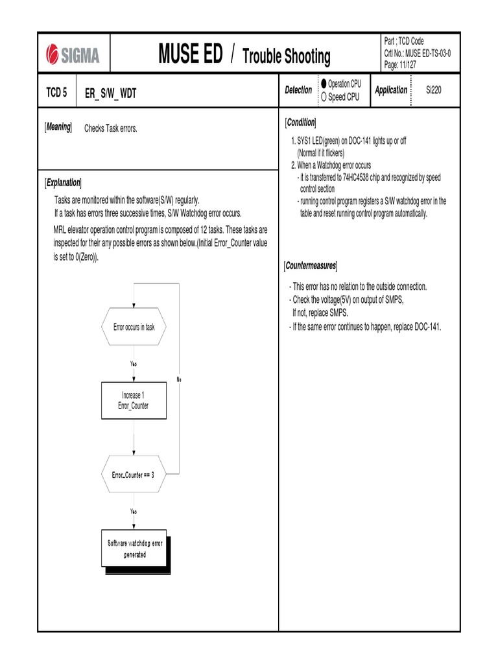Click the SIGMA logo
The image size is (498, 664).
[x=73, y=54]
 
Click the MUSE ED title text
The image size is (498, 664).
[x=190, y=54]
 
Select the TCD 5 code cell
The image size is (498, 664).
[x=56, y=92]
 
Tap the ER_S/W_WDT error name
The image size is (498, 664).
[x=111, y=93]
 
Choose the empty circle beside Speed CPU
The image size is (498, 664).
[x=324, y=97]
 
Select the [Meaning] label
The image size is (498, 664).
[x=58, y=128]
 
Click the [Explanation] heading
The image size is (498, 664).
[x=63, y=182]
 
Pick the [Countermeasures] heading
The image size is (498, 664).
[x=311, y=267]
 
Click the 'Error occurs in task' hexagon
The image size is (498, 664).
[x=134, y=327]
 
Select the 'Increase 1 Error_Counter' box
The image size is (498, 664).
[x=134, y=400]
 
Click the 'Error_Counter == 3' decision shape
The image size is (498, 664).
[x=134, y=475]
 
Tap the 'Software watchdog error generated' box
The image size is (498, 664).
[x=135, y=549]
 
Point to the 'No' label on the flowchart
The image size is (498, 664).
[x=179, y=379]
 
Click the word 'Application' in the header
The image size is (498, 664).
[x=391, y=90]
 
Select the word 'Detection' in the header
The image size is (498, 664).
[x=298, y=90]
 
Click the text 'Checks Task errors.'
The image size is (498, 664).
[x=111, y=129]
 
